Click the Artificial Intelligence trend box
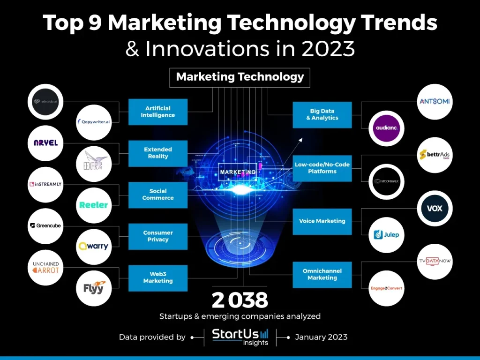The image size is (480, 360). [158, 112]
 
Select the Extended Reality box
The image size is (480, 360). [158, 153]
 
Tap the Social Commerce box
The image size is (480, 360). [158, 195]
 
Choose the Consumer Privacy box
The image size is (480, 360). [158, 236]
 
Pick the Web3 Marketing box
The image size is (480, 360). [158, 277]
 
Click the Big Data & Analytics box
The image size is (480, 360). [322, 115]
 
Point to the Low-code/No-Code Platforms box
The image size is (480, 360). [322, 168]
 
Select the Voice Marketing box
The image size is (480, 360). [322, 221]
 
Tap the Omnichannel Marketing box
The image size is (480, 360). [322, 275]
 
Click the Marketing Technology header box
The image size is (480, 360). [240, 77]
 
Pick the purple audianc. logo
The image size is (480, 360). [387, 128]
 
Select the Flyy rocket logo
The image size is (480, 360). [94, 288]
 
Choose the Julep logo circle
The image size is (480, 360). [387, 234]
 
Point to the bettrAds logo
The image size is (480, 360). [435, 155]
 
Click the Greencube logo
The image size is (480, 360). [45, 226]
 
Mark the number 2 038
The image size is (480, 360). [240, 300]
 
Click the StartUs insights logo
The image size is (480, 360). [240, 337]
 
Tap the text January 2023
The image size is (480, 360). [321, 337]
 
